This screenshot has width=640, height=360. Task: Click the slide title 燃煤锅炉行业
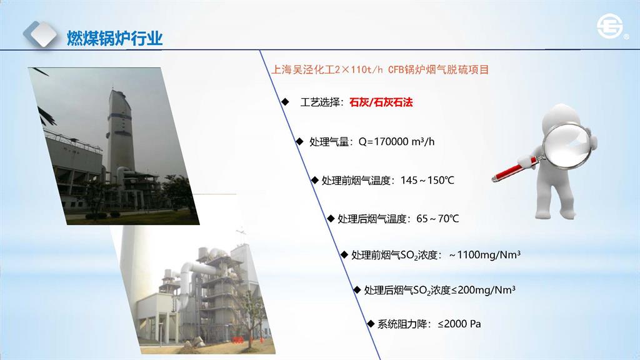click(115, 38)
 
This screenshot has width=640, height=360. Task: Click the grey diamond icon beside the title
click(40, 34)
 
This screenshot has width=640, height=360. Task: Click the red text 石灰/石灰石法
click(381, 102)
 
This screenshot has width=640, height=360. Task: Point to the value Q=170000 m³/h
click(396, 142)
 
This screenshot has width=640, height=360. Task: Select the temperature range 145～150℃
click(427, 180)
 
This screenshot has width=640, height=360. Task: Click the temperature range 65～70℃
click(437, 219)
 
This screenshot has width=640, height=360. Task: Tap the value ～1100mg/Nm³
click(484, 255)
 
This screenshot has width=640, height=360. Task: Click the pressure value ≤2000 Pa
click(459, 324)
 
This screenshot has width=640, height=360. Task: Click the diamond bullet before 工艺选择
click(285, 102)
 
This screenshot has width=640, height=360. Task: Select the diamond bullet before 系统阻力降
click(371, 324)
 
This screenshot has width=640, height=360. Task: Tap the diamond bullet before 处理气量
click(299, 141)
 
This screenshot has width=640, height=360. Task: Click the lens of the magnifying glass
click(567, 146)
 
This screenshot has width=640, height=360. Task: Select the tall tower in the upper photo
click(121, 130)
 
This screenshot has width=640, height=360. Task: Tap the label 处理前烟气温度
click(356, 180)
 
